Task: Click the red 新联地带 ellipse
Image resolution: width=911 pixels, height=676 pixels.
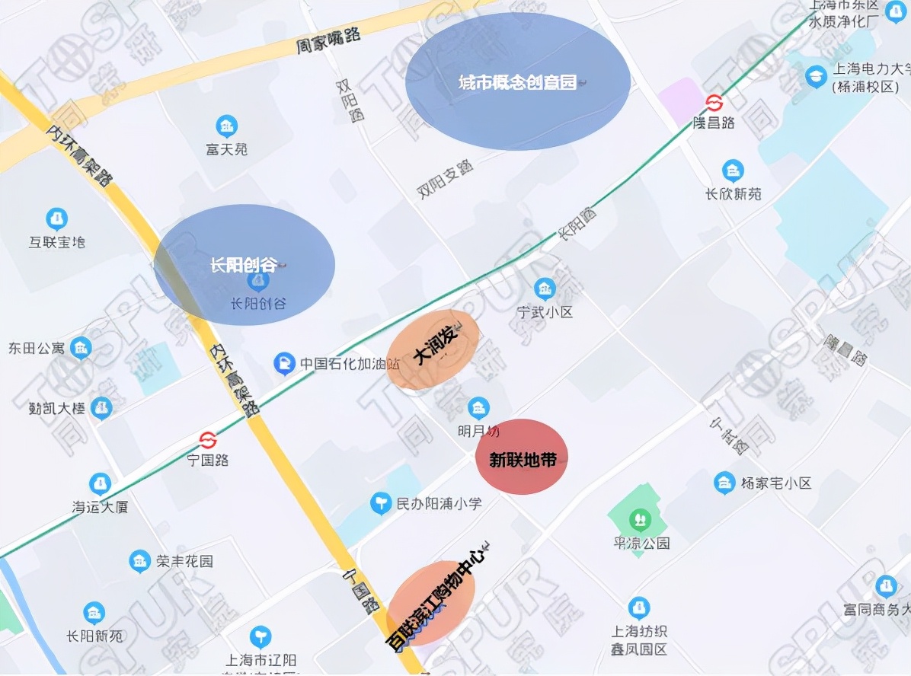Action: (522, 457)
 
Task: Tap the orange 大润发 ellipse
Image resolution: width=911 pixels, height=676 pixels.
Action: (433, 350)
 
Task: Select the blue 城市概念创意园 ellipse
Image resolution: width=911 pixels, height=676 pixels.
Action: (518, 81)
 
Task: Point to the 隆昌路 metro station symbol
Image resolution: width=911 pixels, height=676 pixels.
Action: (714, 102)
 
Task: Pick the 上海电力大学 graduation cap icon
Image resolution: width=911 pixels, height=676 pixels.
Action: (816, 76)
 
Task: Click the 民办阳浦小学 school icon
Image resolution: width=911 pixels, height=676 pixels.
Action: (380, 503)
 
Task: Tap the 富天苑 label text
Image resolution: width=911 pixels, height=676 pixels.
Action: (226, 149)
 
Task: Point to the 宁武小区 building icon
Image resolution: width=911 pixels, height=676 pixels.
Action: (544, 289)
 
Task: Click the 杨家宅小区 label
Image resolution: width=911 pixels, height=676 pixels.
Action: (776, 483)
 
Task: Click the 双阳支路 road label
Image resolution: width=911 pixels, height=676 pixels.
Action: (445, 180)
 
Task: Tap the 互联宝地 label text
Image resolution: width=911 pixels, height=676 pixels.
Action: (57, 242)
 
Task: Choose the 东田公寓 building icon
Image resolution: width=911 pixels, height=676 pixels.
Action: (80, 349)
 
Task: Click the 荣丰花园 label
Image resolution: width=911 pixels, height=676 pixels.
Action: (184, 562)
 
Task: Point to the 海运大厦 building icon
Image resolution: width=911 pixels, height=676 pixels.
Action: (100, 484)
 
